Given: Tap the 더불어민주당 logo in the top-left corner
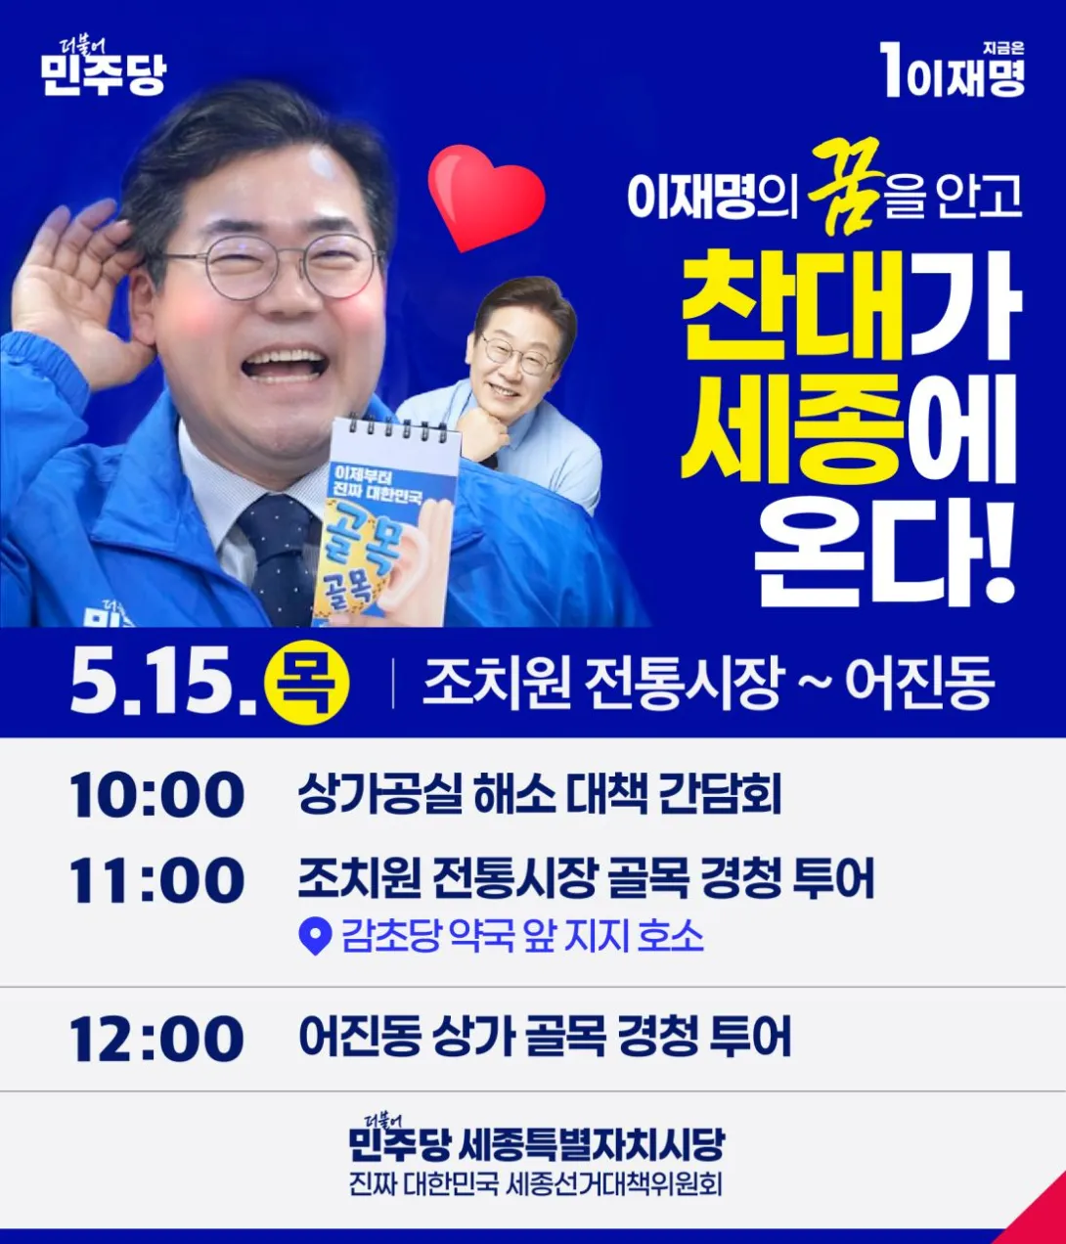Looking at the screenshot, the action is [x=104, y=67].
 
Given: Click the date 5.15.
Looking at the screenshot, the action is [x=163, y=684].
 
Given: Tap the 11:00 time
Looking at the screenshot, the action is [x=156, y=880].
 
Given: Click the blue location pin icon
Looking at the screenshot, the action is [x=316, y=938].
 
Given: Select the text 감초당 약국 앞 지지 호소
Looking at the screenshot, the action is [x=522, y=937].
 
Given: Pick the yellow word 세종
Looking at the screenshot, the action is [x=793, y=428].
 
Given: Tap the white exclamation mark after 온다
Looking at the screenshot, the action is [x=999, y=553].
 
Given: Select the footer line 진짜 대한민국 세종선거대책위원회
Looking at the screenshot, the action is [x=536, y=1184].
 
